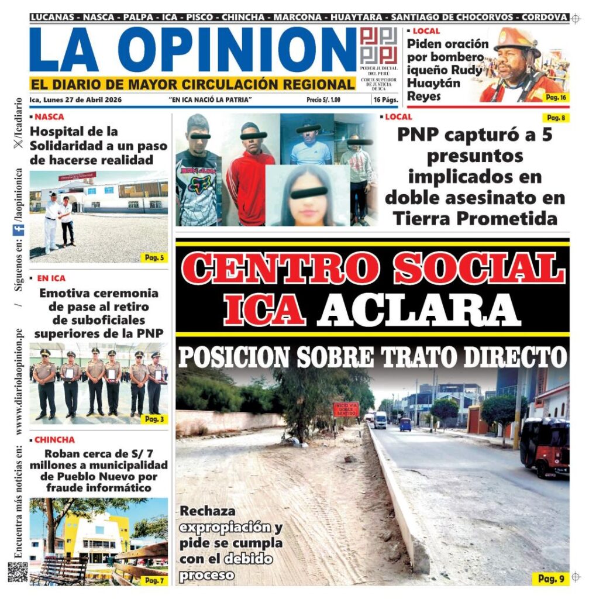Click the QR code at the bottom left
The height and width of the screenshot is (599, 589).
pos(18,572)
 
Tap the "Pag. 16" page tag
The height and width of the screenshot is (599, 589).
pos(555,97)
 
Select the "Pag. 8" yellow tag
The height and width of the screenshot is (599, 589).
pos(555,118)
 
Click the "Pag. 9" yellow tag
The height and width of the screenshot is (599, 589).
pos(550,579)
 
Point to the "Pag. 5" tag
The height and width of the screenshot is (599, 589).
pos(154,257)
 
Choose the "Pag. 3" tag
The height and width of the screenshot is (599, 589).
pos(154,419)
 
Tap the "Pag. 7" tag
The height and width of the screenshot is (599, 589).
pos(154,580)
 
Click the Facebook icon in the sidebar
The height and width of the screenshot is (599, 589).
pos(18,230)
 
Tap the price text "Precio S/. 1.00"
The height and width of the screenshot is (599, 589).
pos(323,100)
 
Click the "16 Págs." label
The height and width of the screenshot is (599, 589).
pos(385,100)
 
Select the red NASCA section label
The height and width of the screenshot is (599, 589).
pos(49,116)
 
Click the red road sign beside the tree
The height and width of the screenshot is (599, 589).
pos(346,409)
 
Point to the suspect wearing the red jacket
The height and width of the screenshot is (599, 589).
pos(250,175)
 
